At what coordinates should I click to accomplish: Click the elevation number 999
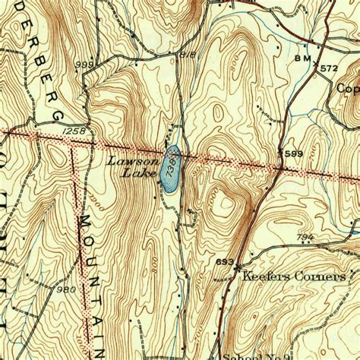click(85, 66)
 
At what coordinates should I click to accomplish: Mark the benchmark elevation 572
click(328, 68)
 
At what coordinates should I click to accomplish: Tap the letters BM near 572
click(302, 58)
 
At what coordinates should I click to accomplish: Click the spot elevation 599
click(294, 154)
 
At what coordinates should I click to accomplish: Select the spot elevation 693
click(224, 262)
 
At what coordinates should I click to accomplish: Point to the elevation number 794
click(305, 238)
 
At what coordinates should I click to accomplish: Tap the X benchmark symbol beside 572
click(317, 64)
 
